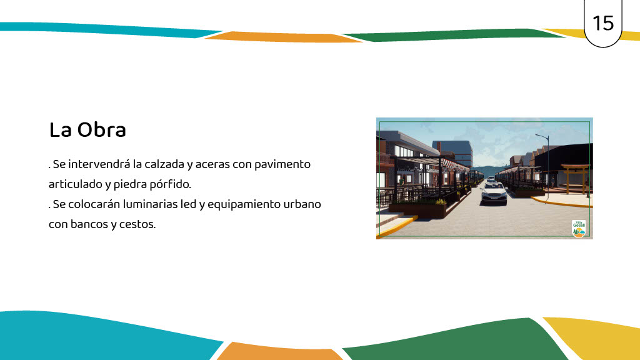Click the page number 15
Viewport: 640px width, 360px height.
pos(603,23)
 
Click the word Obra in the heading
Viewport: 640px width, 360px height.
pos(102,130)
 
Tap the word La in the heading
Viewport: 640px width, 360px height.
pos(61,130)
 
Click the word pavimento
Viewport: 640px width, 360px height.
pos(282,164)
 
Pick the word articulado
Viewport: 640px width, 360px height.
pos(75,184)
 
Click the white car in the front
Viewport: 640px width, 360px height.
pos(494,193)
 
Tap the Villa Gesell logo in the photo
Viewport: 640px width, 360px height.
pos(579,229)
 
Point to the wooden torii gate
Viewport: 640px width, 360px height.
pos(576,178)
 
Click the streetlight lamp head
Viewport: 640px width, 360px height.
pos(537,135)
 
